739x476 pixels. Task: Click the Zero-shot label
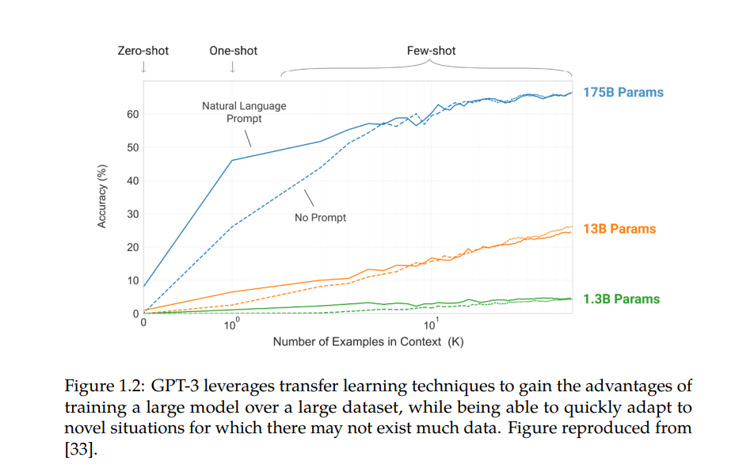(143, 51)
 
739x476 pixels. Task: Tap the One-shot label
(233, 51)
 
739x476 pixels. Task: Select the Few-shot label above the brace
(431, 51)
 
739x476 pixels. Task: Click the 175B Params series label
(623, 93)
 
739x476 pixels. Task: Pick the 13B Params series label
(619, 229)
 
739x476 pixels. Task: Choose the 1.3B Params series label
(621, 299)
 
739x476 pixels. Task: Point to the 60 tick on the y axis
(132, 115)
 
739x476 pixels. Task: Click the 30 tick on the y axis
(132, 215)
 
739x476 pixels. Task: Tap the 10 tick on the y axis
(132, 281)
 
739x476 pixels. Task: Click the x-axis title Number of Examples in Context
(368, 342)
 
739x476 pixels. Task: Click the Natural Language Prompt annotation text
(244, 112)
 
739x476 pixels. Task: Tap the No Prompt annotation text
(320, 218)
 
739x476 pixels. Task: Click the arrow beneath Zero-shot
(143, 67)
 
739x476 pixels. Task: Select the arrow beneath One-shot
(233, 67)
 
